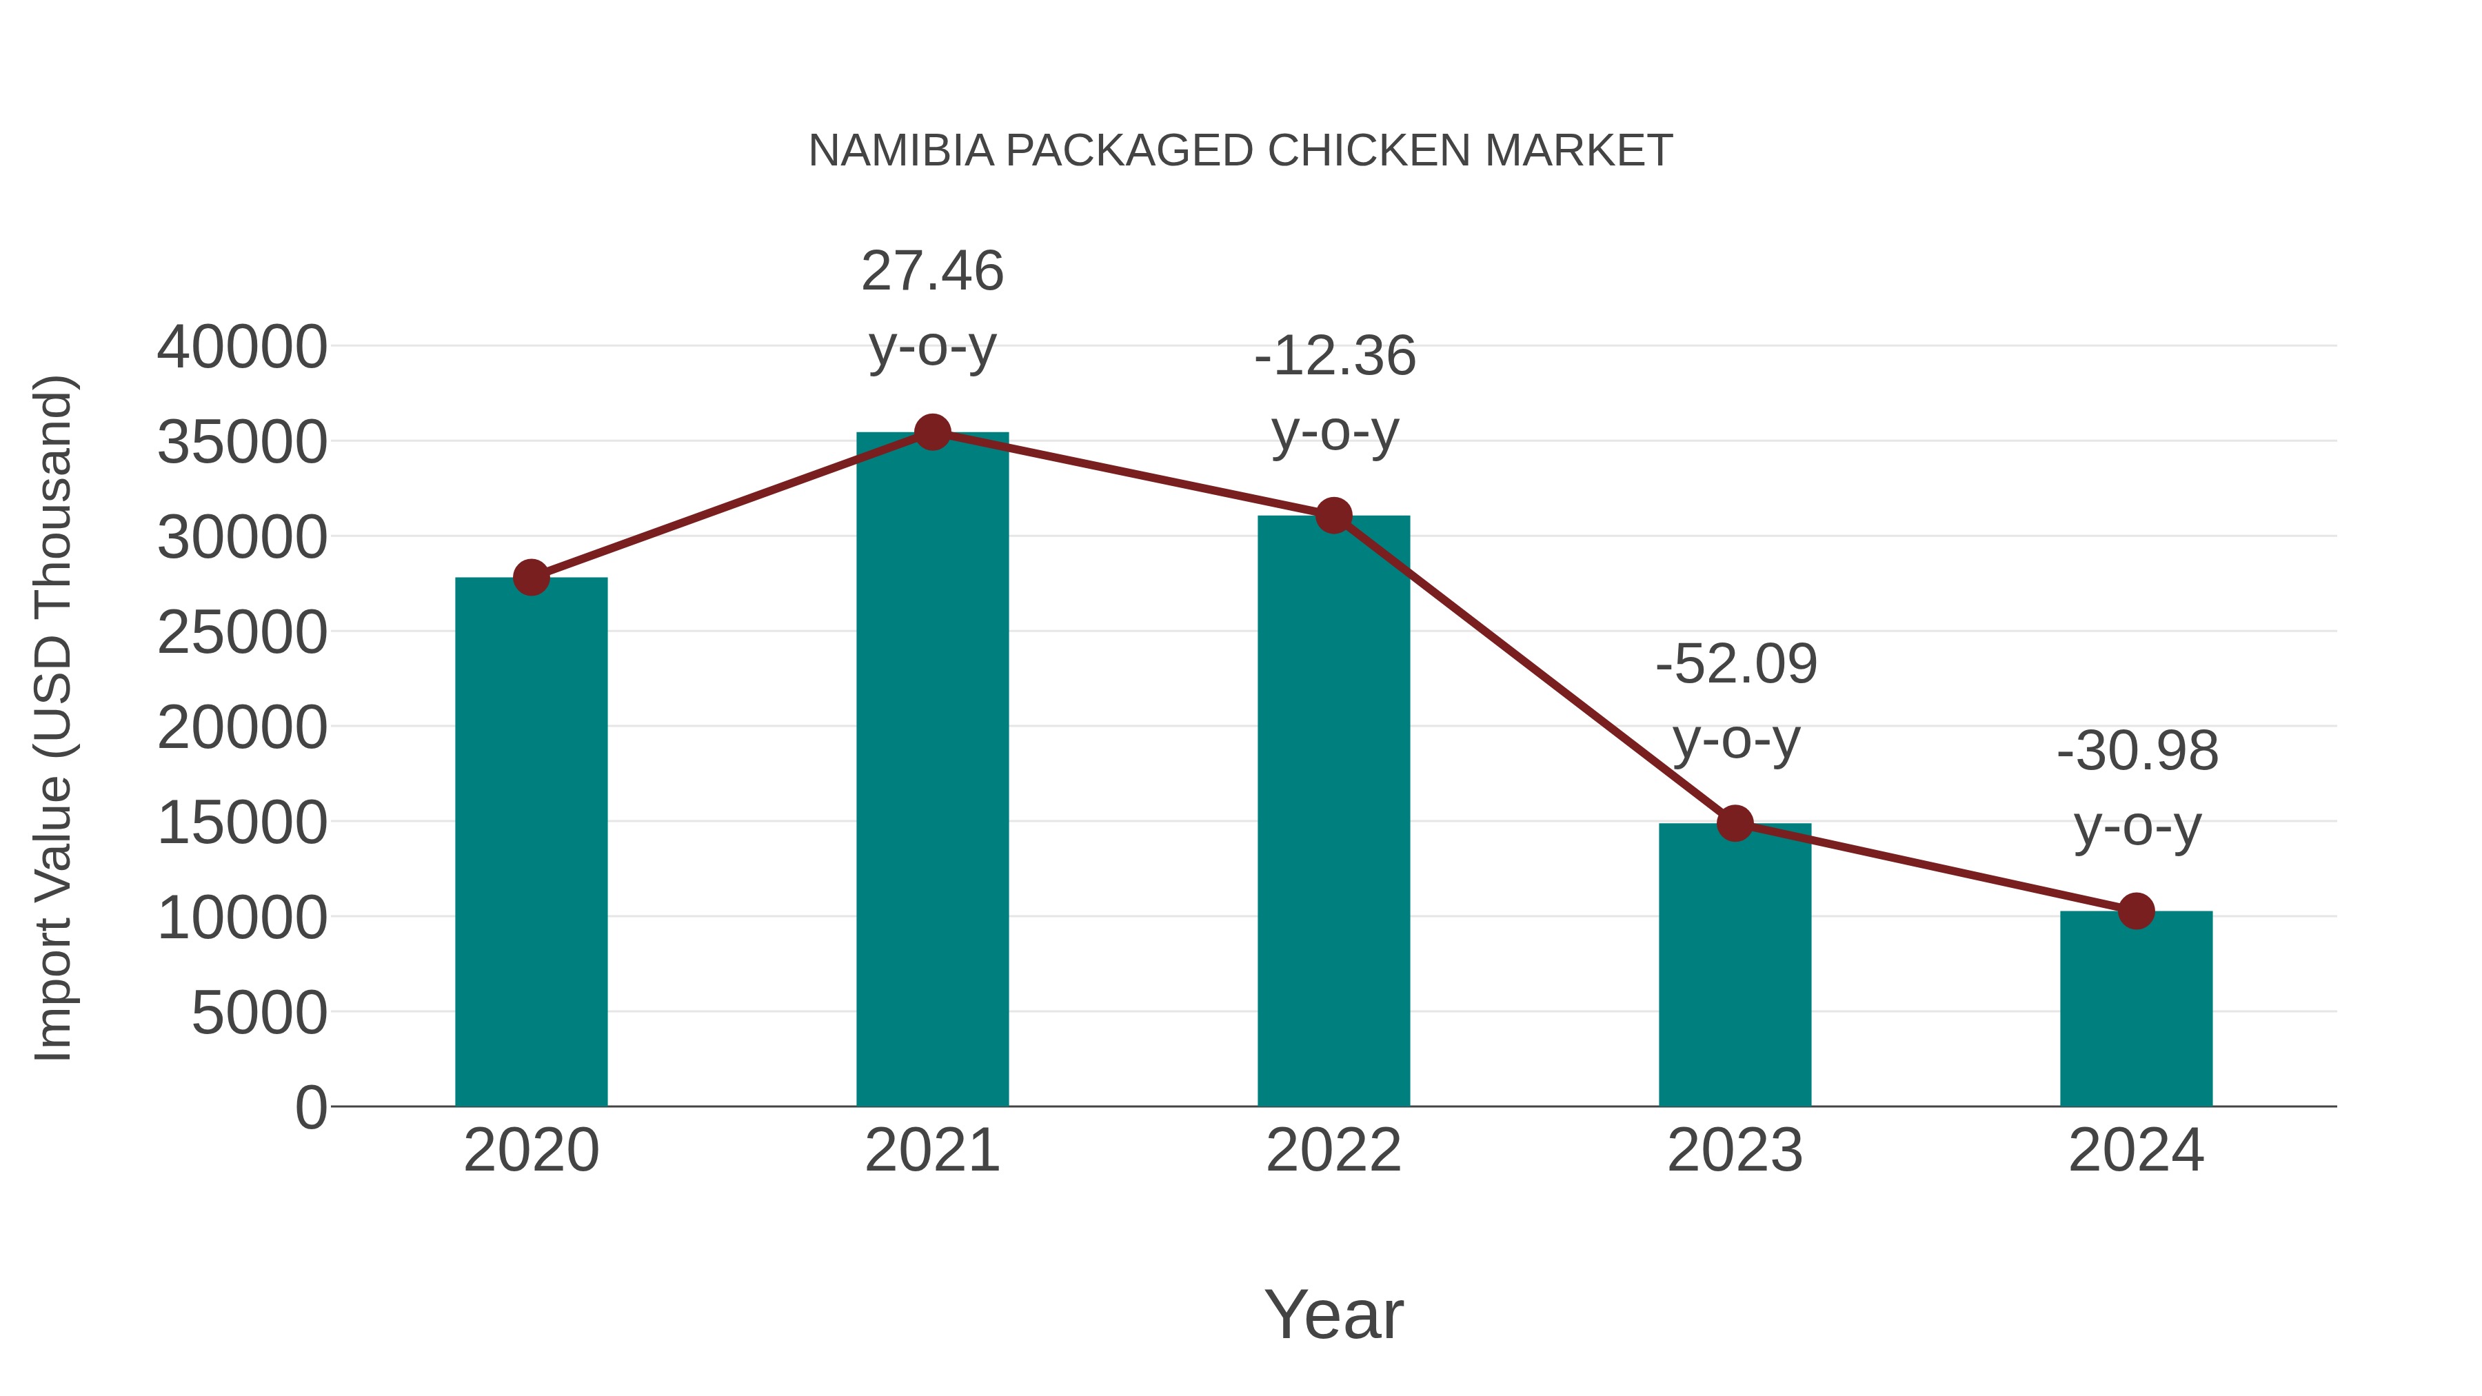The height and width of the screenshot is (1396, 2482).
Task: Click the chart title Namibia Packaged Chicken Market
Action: coord(1240,151)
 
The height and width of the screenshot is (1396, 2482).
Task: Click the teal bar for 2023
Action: coord(1735,964)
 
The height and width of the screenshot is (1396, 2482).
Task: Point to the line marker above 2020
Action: coord(531,578)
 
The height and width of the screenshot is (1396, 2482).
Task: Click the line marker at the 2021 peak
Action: coord(931,432)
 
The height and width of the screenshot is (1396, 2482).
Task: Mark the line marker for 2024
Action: coord(2136,911)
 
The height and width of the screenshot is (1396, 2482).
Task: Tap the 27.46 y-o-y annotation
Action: coord(931,307)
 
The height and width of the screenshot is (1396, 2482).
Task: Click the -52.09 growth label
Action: coord(1735,700)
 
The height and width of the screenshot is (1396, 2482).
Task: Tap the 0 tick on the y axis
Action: coord(310,1107)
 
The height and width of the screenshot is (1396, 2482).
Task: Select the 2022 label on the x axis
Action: coord(1333,1151)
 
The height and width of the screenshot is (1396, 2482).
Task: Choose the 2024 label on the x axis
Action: coord(2136,1151)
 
